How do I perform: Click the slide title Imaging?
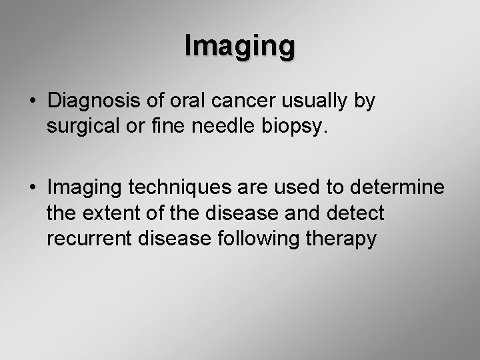tap(239, 47)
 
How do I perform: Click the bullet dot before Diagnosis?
tap(33, 103)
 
